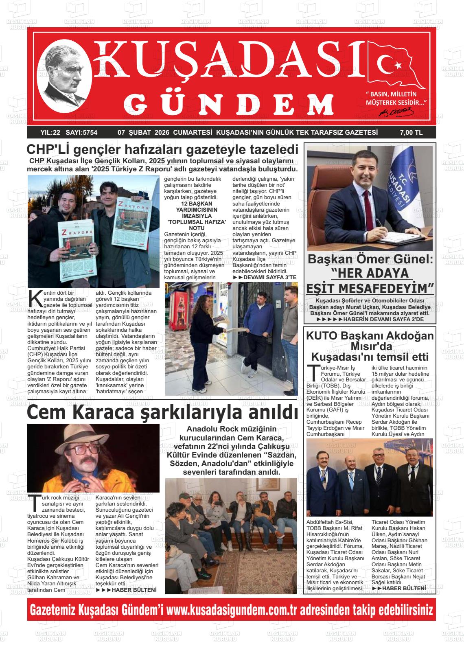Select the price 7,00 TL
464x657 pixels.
(411, 132)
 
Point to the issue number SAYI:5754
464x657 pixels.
(81, 132)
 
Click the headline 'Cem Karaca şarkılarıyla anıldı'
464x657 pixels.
(162, 412)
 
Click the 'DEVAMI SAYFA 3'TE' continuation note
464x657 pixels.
(265, 277)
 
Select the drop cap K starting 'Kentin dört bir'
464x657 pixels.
(35, 298)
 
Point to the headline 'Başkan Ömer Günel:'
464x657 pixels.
(370, 259)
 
